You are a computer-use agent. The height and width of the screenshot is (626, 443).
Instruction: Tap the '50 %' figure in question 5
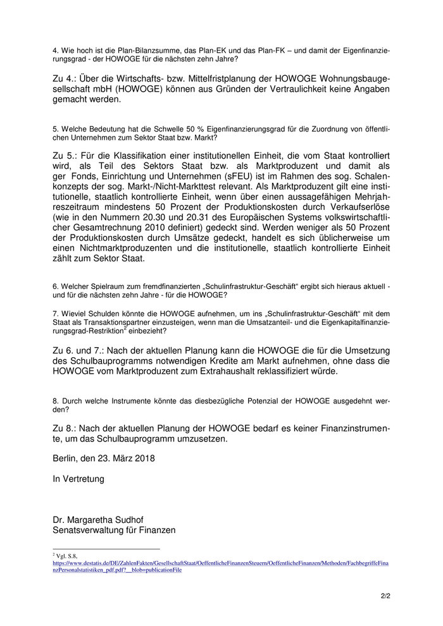pyautogui.click(x=176, y=129)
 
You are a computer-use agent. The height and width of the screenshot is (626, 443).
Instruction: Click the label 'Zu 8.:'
pyautogui.click(x=68, y=428)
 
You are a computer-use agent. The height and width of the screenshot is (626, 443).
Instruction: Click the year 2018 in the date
pyautogui.click(x=142, y=457)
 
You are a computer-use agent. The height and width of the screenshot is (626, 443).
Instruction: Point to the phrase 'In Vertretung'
pyautogui.click(x=78, y=479)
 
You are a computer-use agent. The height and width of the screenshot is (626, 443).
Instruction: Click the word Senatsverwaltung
pyautogui.click(x=93, y=531)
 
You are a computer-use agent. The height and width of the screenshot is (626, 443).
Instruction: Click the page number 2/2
pyautogui.click(x=385, y=595)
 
